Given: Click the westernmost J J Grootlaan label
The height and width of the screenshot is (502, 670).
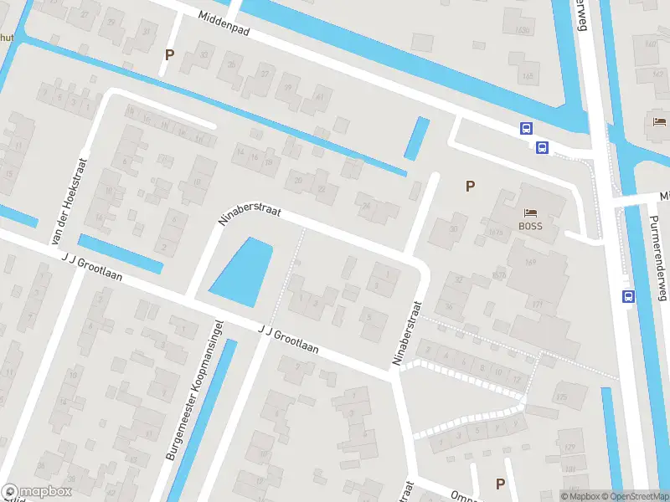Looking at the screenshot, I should click(91, 267).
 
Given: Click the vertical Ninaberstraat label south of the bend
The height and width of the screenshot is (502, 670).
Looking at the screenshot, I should click(405, 335).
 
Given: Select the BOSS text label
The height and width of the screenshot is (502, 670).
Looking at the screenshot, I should click(530, 226).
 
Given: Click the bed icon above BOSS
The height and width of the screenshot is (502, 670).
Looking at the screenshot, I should click(530, 213).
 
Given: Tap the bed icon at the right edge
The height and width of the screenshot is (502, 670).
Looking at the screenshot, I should click(659, 122).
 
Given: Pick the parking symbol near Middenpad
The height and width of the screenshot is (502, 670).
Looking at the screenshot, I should click(170, 54).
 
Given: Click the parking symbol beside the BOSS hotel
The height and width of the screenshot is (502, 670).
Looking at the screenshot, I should click(470, 186).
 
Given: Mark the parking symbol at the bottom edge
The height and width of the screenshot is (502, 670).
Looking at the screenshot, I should click(500, 484).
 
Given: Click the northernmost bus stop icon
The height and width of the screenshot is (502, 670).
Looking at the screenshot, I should click(527, 128).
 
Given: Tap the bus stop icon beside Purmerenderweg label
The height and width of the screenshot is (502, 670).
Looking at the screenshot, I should click(628, 295).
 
